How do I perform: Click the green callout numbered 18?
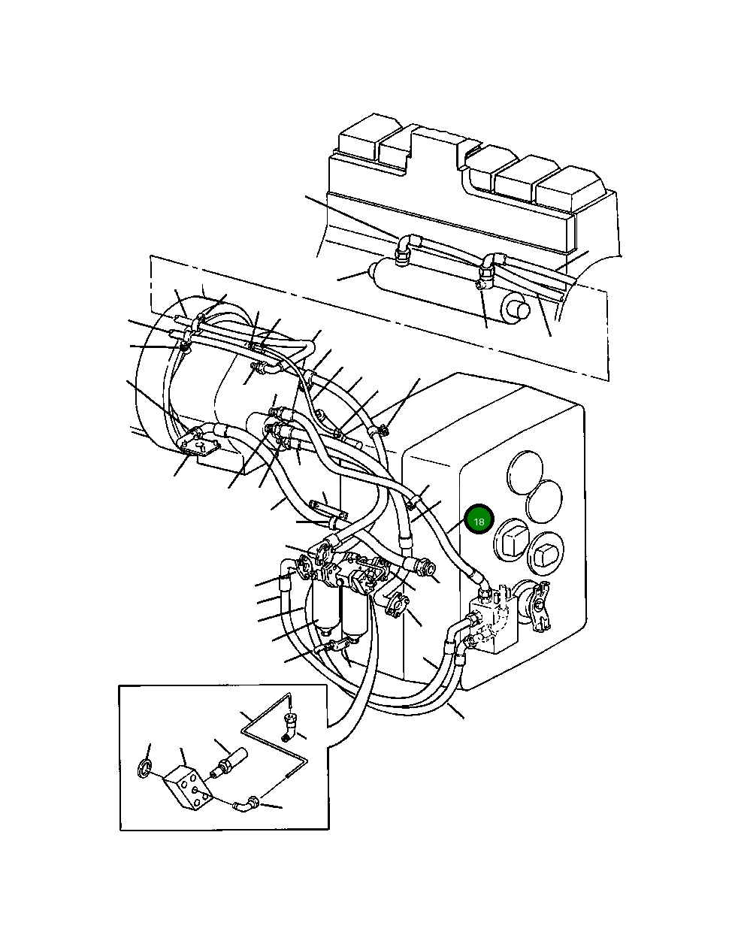click(x=479, y=520)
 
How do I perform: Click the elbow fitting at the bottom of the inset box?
click(x=246, y=805)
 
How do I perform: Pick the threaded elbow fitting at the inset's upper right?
click(x=290, y=722)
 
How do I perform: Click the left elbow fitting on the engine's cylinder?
click(x=406, y=249)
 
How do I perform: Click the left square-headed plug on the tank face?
click(x=511, y=540)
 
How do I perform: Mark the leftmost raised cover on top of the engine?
click(x=362, y=139)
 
